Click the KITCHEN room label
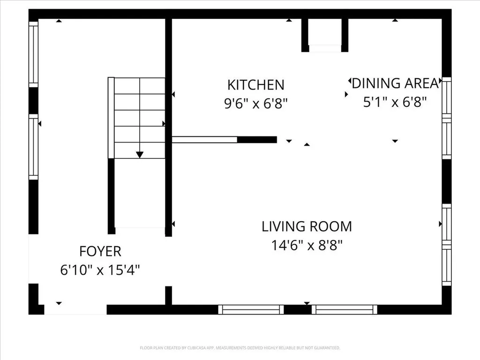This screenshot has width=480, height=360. click(256, 85)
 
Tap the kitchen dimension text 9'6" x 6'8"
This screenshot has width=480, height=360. click(256, 104)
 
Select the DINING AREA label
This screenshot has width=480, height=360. click(395, 83)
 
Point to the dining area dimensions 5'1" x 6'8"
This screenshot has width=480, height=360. click(395, 102)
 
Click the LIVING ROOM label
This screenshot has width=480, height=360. click(307, 226)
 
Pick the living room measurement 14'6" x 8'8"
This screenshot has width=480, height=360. click(307, 245)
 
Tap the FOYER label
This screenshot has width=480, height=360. click(100, 251)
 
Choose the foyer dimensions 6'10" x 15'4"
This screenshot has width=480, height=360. click(100, 270)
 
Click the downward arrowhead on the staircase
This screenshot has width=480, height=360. click(140, 155)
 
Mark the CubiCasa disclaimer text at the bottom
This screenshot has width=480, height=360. click(240, 348)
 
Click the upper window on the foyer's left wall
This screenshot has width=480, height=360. click(33, 54)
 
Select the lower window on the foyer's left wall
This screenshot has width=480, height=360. click(33, 147)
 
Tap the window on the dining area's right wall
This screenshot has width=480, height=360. click(447, 118)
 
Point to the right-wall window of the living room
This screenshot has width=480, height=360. click(447, 245)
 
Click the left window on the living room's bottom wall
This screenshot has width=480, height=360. click(251, 309)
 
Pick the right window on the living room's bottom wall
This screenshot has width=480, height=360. click(345, 309)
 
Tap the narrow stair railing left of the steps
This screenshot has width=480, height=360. click(111, 118)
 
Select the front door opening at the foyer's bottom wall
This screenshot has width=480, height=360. click(75, 309)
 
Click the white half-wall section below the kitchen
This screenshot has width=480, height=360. click(204, 140)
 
